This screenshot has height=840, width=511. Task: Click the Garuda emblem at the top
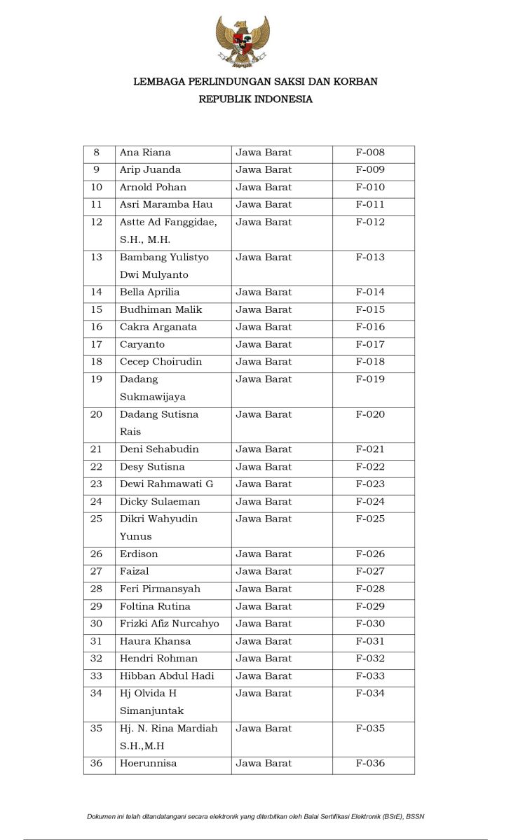tap(243, 42)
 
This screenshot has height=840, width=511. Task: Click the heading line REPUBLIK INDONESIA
tap(255, 99)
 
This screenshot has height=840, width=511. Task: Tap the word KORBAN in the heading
tap(355, 82)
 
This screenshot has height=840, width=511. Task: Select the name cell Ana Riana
tap(145, 153)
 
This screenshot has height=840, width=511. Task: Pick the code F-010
tap(370, 188)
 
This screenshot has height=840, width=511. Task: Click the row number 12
tap(97, 223)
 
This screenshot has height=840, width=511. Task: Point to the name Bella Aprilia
tap(149, 293)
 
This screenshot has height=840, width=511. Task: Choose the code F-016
tap(370, 327)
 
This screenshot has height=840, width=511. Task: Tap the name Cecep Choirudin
tap(161, 362)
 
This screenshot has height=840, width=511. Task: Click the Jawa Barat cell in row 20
tap(264, 414)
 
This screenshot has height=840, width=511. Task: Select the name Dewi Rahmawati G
tap(166, 484)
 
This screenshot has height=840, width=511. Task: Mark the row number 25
tap(97, 519)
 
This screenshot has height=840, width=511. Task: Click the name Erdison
tap(139, 554)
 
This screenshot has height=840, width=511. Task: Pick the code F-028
tap(370, 589)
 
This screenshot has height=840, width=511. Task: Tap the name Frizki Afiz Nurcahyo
tap(169, 624)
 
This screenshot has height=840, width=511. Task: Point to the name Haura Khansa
tap(155, 641)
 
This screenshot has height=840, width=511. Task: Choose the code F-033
tap(370, 676)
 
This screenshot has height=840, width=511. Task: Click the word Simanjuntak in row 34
tap(151, 711)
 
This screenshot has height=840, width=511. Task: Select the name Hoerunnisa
tap(148, 764)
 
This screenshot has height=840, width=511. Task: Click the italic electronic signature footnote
tap(255, 816)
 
